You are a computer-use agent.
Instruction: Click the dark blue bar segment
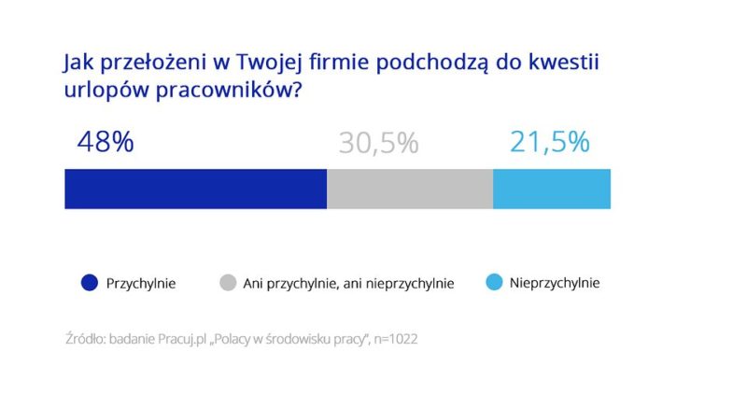click(x=195, y=189)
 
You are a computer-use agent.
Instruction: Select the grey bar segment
click(x=410, y=189)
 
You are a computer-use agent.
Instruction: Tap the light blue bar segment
click(x=552, y=189)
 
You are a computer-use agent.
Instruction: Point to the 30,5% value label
click(x=378, y=143)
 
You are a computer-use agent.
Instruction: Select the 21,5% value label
click(x=549, y=142)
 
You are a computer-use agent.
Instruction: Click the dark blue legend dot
click(x=90, y=282)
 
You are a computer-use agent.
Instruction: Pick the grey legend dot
click(x=227, y=282)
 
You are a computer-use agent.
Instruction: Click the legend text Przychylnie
click(x=141, y=282)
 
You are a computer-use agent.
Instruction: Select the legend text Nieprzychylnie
click(x=555, y=282)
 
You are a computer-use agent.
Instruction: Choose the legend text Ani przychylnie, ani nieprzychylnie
click(x=348, y=283)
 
